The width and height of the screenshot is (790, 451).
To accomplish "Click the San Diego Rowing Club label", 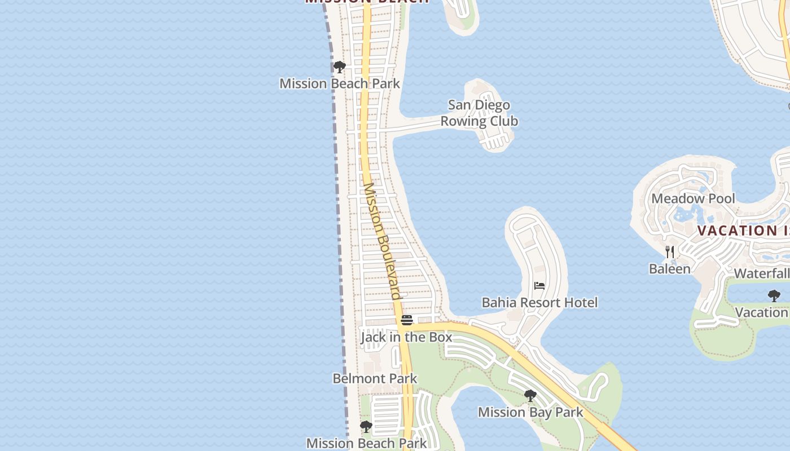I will (x=479, y=113).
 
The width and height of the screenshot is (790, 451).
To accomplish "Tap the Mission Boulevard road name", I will (x=382, y=241).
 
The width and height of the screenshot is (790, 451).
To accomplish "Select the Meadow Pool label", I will (x=693, y=198).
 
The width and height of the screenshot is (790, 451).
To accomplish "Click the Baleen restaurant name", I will (x=669, y=269).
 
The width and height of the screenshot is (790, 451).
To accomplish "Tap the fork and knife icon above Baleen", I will (x=670, y=251).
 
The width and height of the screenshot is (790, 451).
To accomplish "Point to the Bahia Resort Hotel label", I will (x=539, y=303).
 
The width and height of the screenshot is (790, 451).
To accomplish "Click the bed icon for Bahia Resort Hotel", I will (x=539, y=286).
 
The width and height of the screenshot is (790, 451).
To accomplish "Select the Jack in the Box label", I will (x=406, y=337).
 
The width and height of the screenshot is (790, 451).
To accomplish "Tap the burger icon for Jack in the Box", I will (x=407, y=320).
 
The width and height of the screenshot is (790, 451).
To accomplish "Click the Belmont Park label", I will (x=375, y=378).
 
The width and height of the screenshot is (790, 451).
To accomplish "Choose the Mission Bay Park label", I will (x=530, y=412).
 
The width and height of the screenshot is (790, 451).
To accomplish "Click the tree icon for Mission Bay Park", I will (x=530, y=396).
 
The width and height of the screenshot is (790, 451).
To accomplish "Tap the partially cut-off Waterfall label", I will (x=761, y=274).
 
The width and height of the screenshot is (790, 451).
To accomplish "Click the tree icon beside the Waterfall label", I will (x=774, y=295).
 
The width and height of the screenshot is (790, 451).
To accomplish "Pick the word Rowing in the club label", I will (x=463, y=121).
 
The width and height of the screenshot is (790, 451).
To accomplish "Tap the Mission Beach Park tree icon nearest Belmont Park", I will (x=366, y=427).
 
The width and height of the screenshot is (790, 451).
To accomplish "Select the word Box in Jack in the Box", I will (x=440, y=337).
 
